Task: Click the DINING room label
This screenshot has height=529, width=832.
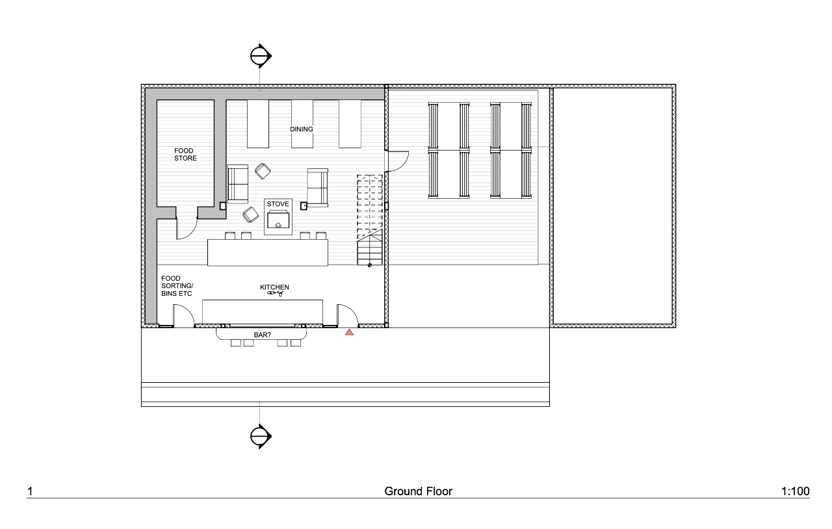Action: [x=302, y=129]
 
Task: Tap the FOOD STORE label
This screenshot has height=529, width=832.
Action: [x=185, y=155]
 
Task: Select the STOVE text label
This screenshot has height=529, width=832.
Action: [x=278, y=204]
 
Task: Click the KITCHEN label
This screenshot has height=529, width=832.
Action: [x=274, y=287]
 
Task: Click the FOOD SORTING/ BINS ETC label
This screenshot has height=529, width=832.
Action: [x=177, y=286]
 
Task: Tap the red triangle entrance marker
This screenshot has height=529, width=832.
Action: [x=349, y=333]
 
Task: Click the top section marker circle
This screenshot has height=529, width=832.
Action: [x=260, y=56]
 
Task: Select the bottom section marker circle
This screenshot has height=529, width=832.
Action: [x=260, y=435]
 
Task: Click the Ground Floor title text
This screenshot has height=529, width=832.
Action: [x=418, y=491]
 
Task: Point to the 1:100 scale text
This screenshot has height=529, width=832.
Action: [x=795, y=491]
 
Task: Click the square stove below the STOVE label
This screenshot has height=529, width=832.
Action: [x=278, y=222]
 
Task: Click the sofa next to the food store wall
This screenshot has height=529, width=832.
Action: [x=238, y=184]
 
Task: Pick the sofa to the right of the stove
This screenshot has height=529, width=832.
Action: [x=318, y=187]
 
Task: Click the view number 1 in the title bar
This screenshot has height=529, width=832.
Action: [x=29, y=491]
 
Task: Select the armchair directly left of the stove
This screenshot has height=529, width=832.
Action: [x=250, y=214]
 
